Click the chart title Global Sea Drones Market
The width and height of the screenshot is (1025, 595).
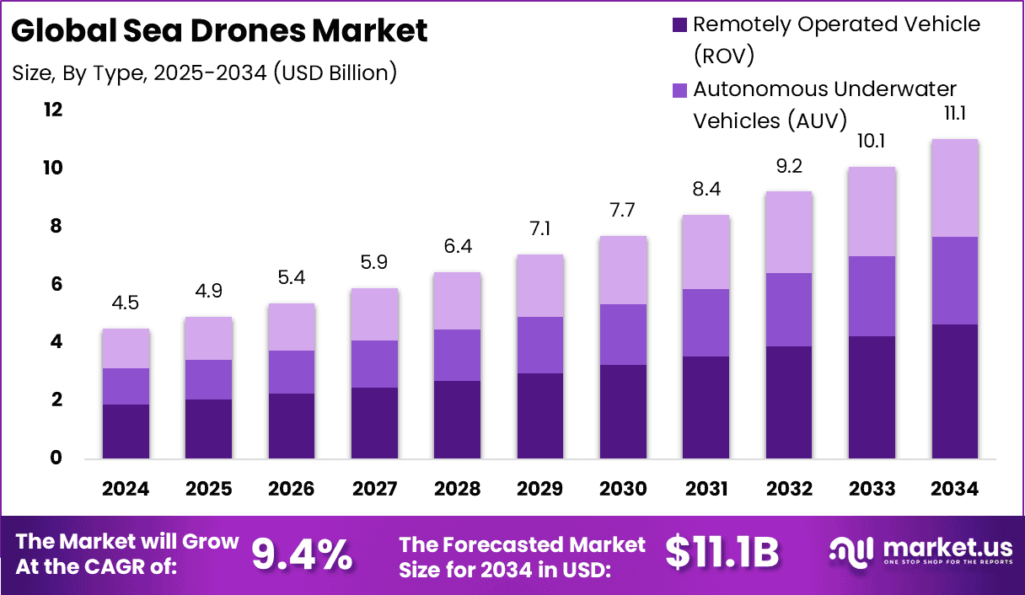click(220, 31)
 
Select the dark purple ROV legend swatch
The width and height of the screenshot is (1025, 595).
click(680, 24)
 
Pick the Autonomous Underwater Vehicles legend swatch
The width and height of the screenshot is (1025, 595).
click(680, 89)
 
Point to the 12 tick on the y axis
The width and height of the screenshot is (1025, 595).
click(53, 110)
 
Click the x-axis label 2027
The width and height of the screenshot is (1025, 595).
click(374, 489)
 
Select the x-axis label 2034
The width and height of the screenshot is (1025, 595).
click(955, 489)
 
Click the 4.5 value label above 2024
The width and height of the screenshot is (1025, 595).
click(126, 303)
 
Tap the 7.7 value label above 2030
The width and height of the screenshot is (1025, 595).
click(623, 210)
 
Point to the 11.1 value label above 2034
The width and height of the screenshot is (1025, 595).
click(955, 114)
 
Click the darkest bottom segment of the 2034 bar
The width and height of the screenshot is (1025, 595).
click(955, 392)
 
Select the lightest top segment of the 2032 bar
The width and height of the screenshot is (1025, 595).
click(789, 232)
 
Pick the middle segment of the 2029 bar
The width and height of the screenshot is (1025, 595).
click(540, 345)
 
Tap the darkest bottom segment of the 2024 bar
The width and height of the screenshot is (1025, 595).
click(126, 432)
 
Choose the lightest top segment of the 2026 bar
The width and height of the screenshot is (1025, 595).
click(292, 327)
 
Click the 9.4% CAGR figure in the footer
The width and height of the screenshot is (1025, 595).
click(302, 554)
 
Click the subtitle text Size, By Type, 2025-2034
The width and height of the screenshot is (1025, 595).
click(205, 73)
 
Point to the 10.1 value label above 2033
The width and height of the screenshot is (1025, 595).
click(872, 142)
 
